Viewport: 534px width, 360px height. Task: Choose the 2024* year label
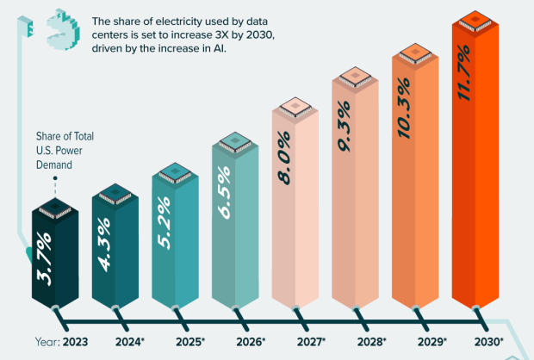[131, 342]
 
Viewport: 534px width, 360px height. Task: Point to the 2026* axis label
[251, 342]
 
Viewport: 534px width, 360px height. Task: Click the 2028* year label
[371, 342]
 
